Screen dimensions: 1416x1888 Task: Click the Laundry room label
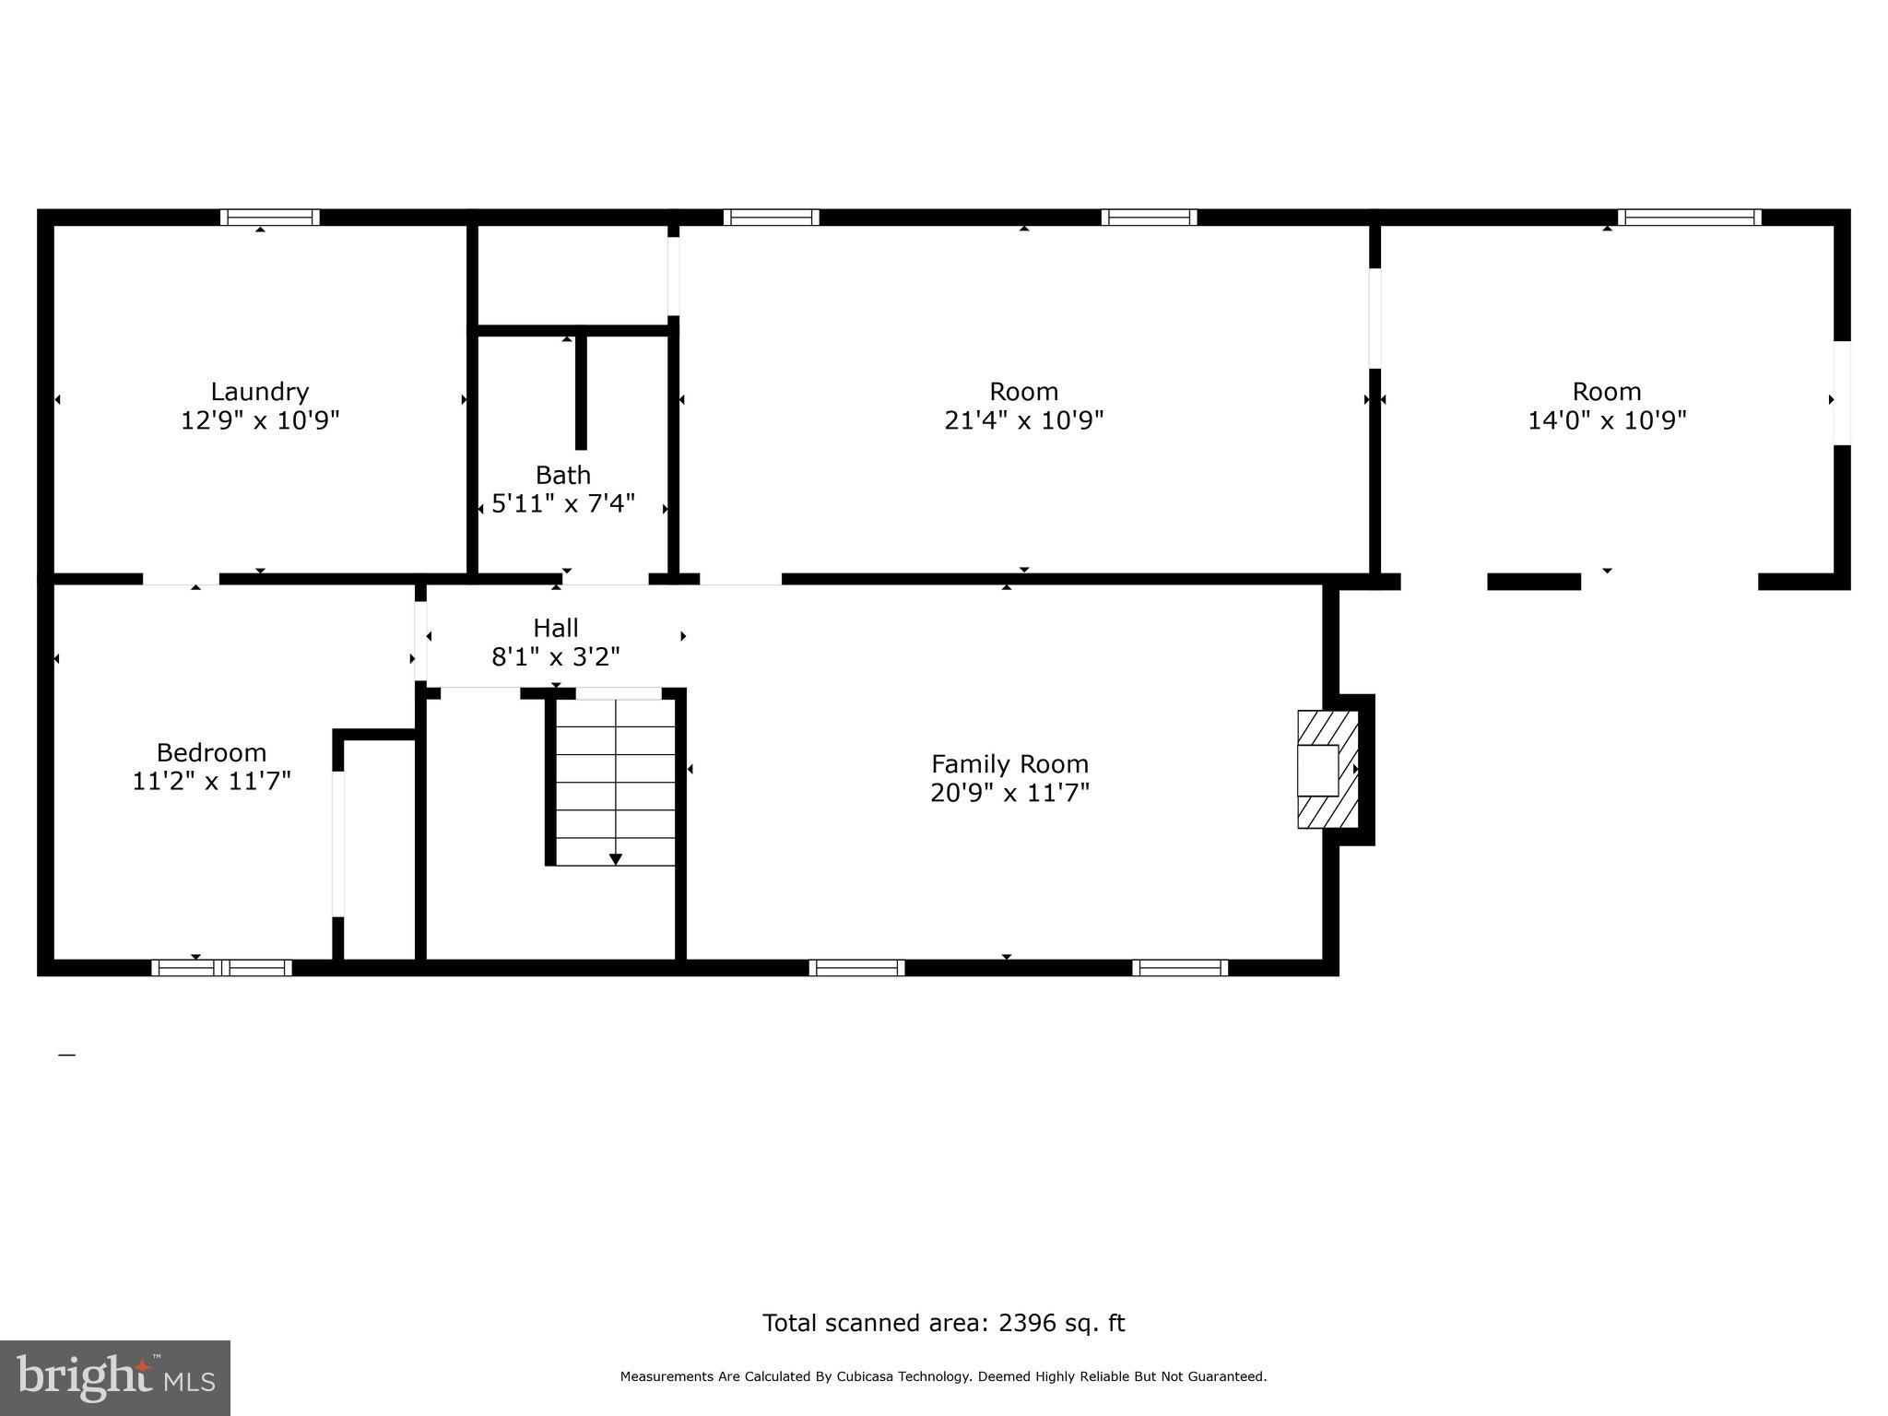click(x=259, y=392)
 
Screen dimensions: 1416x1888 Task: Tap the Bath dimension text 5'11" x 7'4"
click(x=563, y=504)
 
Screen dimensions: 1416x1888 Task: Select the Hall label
click(x=556, y=629)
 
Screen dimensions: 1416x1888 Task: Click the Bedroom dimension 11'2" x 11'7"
click(x=211, y=782)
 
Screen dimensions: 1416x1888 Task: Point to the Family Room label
click(x=1009, y=764)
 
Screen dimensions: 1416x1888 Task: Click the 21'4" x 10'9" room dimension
click(x=1023, y=421)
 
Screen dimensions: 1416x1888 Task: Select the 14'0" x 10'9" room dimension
click(x=1607, y=421)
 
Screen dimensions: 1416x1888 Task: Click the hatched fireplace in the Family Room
click(x=1327, y=769)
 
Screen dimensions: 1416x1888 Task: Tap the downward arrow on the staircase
click(x=615, y=858)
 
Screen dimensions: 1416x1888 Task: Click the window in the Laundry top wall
click(x=269, y=218)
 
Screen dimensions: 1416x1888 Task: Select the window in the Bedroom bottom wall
click(x=221, y=968)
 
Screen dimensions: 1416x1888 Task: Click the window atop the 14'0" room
click(x=1689, y=218)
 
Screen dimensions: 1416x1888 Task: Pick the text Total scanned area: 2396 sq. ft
click(x=943, y=1323)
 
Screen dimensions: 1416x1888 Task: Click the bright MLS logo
click(x=115, y=1377)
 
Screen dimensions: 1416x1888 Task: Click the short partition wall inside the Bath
click(x=581, y=392)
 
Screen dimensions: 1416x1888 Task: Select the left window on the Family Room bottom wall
click(x=856, y=968)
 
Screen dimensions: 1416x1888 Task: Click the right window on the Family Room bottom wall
click(x=1180, y=968)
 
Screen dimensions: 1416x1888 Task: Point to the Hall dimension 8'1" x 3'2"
click(x=556, y=657)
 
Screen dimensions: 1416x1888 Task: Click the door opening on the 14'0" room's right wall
click(x=1841, y=393)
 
